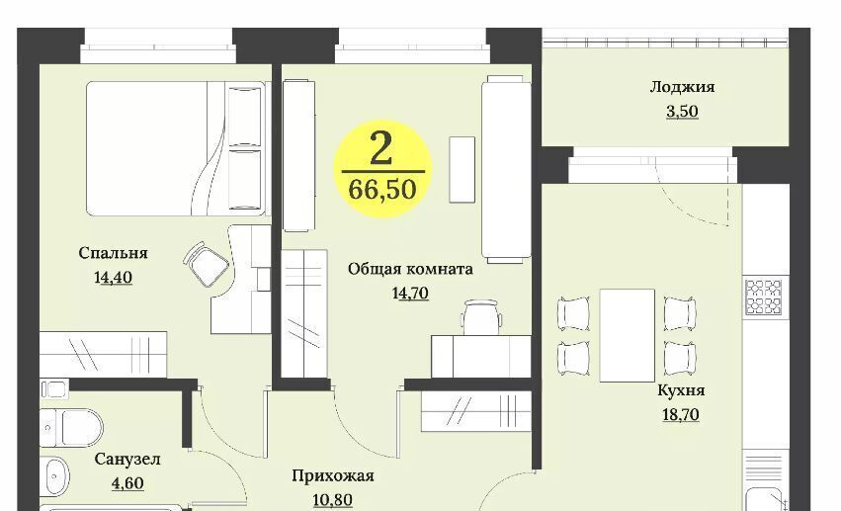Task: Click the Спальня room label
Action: pyautogui.click(x=113, y=253)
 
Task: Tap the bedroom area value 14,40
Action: pyautogui.click(x=113, y=277)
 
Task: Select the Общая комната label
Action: pyautogui.click(x=410, y=269)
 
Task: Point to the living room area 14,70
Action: pyautogui.click(x=410, y=294)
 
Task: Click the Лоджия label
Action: pyautogui.click(x=682, y=87)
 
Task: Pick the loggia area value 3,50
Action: pyautogui.click(x=682, y=111)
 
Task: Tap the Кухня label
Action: pyautogui.click(x=681, y=390)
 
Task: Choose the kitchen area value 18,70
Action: pyautogui.click(x=681, y=414)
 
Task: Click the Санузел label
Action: pyautogui.click(x=127, y=459)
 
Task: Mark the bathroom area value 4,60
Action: pyautogui.click(x=127, y=483)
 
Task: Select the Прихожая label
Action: pyautogui.click(x=333, y=475)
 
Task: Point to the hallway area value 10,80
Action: pyautogui.click(x=333, y=500)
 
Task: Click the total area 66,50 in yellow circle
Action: pyautogui.click(x=382, y=189)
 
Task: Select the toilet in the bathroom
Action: pyautogui.click(x=72, y=427)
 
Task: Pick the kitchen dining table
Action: pyautogui.click(x=627, y=335)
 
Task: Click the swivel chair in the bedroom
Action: pyautogui.click(x=206, y=264)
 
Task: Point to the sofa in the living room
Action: pyautogui.click(x=506, y=169)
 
